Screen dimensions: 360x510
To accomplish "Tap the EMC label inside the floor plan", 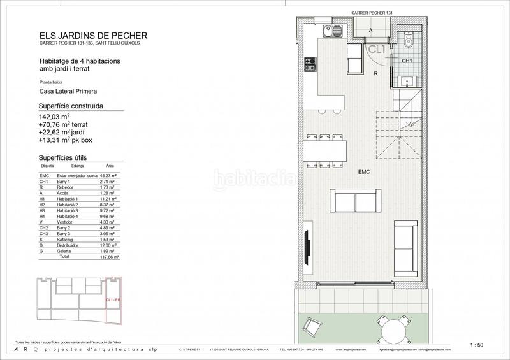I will click(x=365, y=173).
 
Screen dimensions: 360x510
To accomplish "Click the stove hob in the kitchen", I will click(x=310, y=64).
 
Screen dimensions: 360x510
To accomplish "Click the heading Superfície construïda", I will click(x=71, y=106).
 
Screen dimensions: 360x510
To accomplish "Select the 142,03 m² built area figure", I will click(x=54, y=117).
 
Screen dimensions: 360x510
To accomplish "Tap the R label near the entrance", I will click(x=377, y=74).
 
